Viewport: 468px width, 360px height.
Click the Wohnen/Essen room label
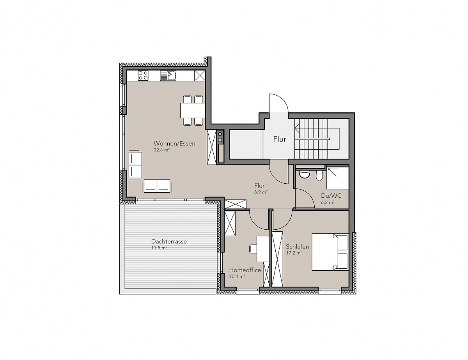174,144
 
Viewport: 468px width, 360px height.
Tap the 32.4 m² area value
161,150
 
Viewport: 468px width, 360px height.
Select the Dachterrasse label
169,241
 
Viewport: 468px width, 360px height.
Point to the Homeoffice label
245,270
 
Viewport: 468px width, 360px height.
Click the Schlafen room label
298,247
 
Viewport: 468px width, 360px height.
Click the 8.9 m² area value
261,192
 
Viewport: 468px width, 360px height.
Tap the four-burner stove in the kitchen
143,76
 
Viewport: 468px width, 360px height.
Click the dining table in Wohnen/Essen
193,110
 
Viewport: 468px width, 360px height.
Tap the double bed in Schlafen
330,252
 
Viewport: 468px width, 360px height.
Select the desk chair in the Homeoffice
253,249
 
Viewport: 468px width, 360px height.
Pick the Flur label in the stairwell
280,139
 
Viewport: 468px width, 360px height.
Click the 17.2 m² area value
294,253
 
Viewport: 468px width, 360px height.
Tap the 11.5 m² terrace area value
159,248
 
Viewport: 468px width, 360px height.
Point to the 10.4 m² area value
237,277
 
